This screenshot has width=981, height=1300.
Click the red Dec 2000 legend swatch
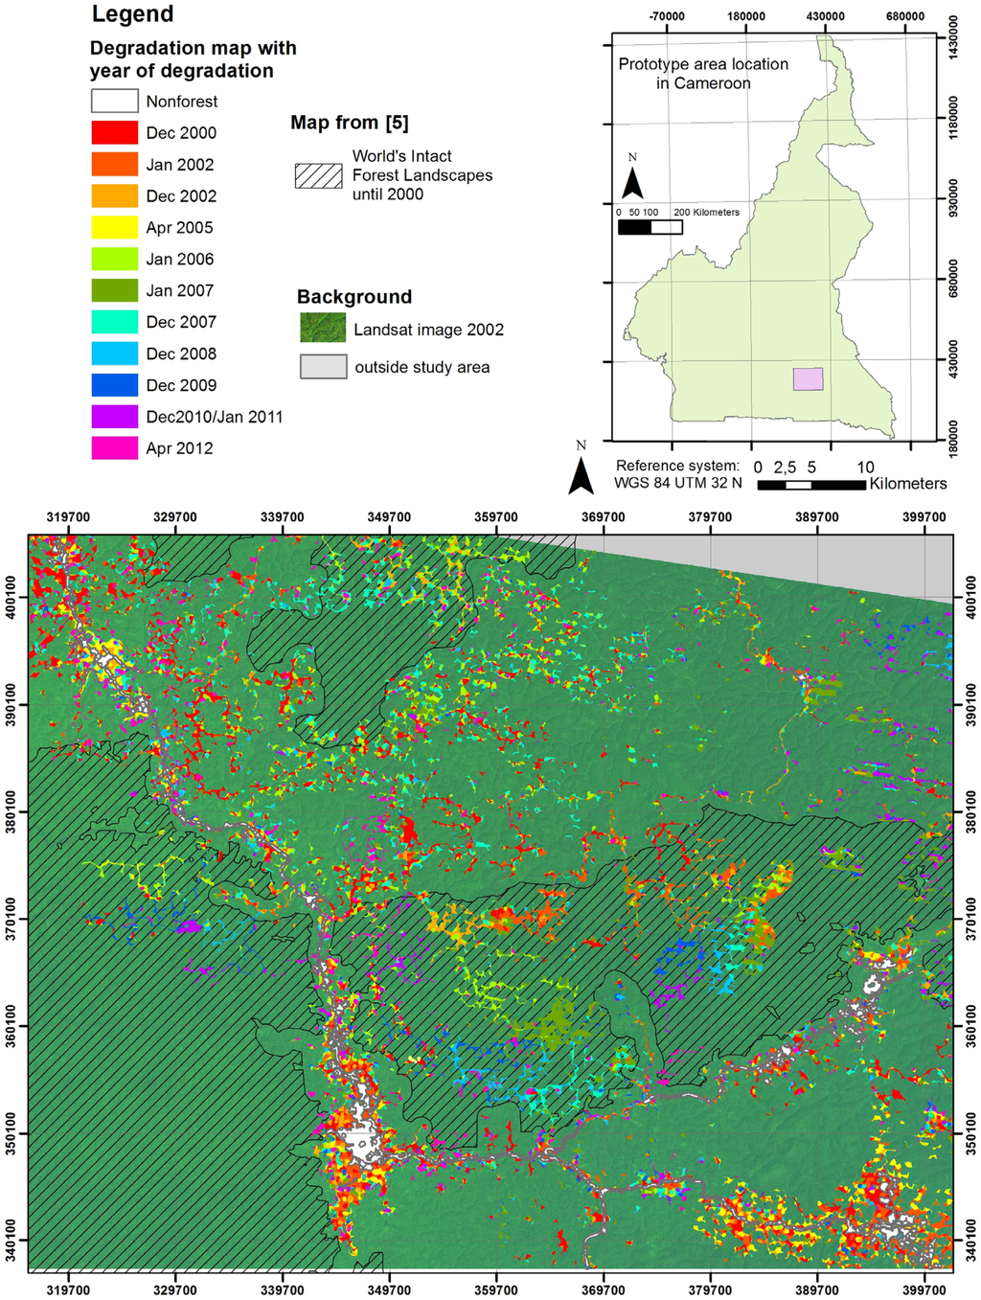[x=114, y=132]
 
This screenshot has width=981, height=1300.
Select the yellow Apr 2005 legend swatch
[x=114, y=227]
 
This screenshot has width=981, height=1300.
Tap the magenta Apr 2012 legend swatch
[x=114, y=447]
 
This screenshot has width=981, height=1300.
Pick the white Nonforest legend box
[x=114, y=101]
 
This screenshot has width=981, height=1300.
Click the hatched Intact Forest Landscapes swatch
[x=318, y=175]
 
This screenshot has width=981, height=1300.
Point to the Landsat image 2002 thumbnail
[x=322, y=329]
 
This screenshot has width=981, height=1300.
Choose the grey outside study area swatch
[x=323, y=367]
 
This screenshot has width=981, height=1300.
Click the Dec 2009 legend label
[x=181, y=385]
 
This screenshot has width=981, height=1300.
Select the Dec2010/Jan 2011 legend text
[x=214, y=417]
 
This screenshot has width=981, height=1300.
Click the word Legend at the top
[x=132, y=14]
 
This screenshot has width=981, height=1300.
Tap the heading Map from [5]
[x=349, y=123]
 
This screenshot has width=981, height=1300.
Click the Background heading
[x=354, y=297]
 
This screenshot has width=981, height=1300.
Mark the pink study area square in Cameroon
[x=808, y=378]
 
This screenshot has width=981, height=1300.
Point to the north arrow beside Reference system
[x=581, y=471]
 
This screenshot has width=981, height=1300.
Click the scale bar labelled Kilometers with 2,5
[x=811, y=485]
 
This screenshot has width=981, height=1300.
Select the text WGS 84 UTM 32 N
[x=677, y=483]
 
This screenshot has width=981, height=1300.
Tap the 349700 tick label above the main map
[x=389, y=517]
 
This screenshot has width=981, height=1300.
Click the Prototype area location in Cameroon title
[x=703, y=74]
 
